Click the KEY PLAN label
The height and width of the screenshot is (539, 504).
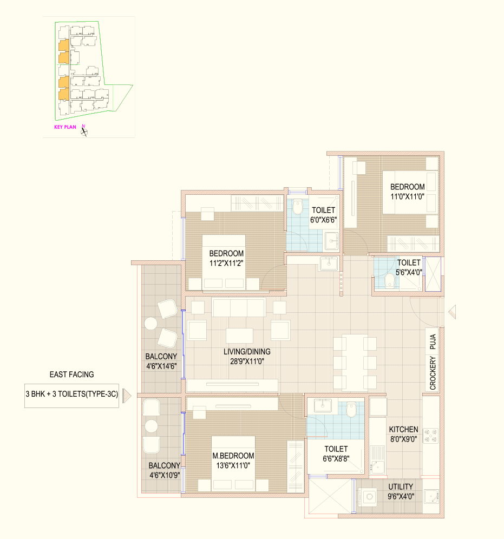(x=66, y=127)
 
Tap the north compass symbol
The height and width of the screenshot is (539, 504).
(x=84, y=131)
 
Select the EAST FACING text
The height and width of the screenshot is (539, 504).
(x=71, y=374)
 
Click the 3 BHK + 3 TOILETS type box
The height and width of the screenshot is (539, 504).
(x=71, y=396)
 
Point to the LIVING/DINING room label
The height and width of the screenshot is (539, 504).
(x=247, y=357)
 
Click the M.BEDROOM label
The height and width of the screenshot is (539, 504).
(x=233, y=461)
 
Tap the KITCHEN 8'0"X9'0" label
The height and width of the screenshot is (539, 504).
(x=404, y=434)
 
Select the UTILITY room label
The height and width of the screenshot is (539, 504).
(x=401, y=491)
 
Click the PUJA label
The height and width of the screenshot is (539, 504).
(x=433, y=341)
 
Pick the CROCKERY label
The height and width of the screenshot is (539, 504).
(x=433, y=373)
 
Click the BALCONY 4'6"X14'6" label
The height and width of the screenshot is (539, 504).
(x=161, y=361)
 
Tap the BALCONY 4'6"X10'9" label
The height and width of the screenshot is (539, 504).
(x=165, y=470)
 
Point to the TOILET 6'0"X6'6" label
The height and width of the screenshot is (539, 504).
(x=324, y=215)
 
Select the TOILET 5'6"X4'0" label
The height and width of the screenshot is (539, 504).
(x=409, y=267)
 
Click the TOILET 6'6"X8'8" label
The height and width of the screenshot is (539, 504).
(x=336, y=453)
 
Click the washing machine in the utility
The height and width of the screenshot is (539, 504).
(x=367, y=497)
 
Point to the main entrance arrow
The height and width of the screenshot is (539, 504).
(x=452, y=312)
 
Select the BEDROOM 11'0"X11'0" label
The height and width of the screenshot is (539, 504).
(x=408, y=192)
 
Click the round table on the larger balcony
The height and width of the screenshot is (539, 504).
(x=150, y=324)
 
